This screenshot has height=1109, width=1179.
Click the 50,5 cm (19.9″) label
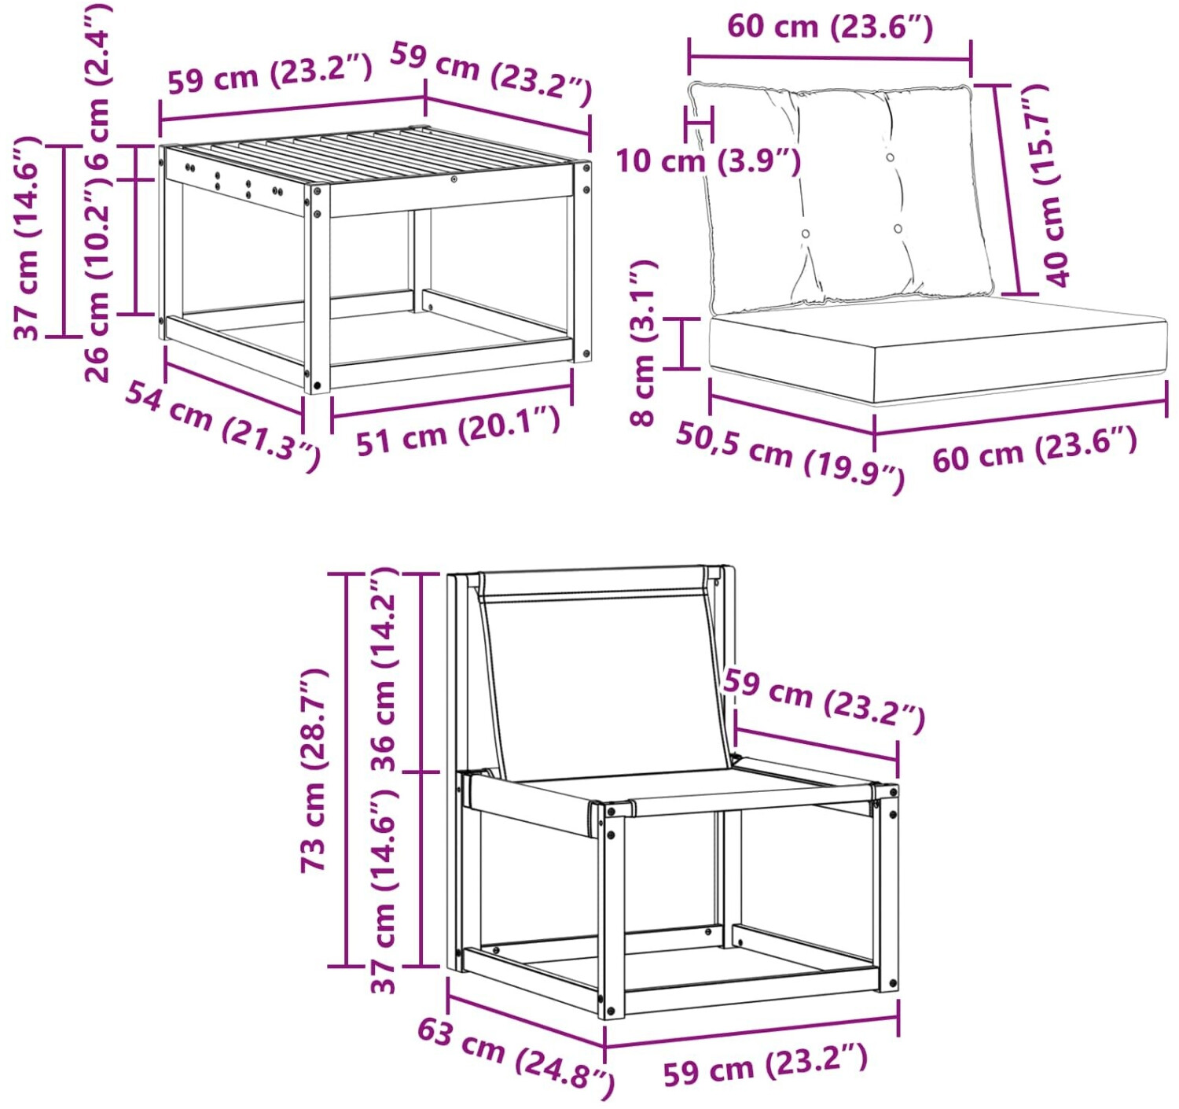[x=791, y=457]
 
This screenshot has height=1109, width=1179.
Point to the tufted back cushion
[x=843, y=196]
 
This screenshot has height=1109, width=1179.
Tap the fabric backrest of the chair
[x=605, y=677]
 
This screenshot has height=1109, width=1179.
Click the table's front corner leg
[x=317, y=288]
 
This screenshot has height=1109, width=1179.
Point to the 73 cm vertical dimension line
[x=347, y=770]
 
